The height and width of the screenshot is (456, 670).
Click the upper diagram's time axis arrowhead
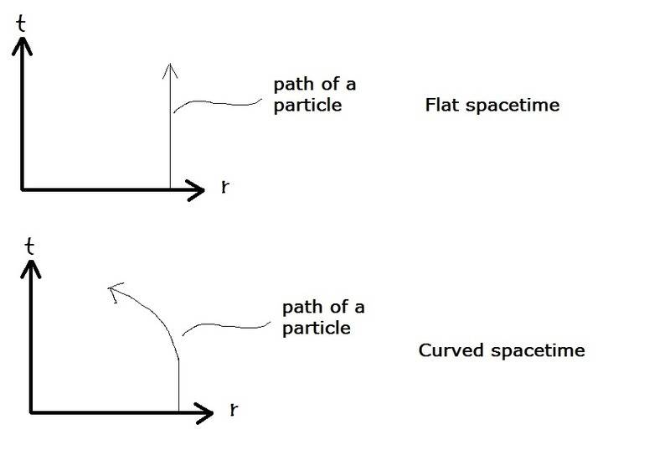(22, 45)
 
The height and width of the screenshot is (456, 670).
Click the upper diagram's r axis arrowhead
(197, 189)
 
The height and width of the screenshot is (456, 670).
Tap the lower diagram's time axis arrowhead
(31, 267)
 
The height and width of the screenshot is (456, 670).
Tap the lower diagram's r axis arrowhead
(207, 412)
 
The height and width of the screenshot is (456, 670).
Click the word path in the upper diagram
(289, 86)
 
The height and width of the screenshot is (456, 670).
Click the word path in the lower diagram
(297, 308)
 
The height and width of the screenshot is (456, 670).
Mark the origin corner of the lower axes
(32, 412)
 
